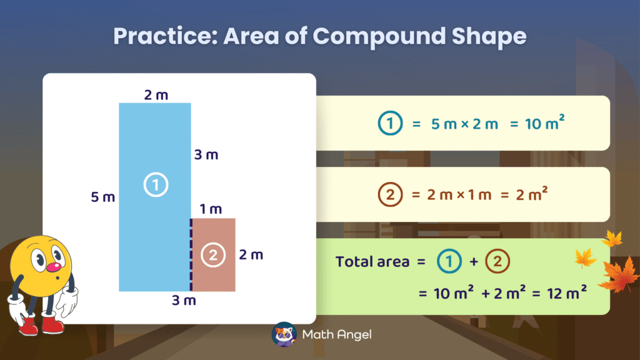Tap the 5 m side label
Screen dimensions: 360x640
point(103,197)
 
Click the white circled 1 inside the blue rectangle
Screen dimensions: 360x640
point(155,184)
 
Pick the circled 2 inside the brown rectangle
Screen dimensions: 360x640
point(213,254)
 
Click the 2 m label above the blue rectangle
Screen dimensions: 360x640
point(156,94)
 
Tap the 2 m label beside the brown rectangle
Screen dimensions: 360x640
point(251,254)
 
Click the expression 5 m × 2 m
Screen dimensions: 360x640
point(464,124)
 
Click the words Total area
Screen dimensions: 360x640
point(372,261)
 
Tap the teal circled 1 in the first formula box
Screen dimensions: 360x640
point(390,124)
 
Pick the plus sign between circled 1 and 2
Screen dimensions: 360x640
point(473,262)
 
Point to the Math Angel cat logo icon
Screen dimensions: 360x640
point(284,334)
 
